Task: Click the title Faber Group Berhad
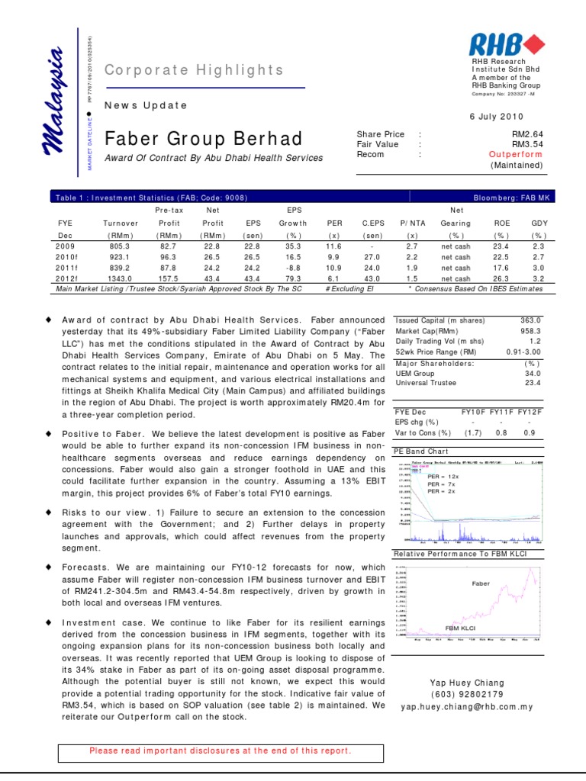click(203, 139)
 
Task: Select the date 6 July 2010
click(518, 115)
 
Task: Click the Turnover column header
click(121, 224)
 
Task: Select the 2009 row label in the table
click(65, 246)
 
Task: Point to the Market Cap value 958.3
click(530, 332)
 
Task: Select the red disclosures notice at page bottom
click(221, 750)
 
